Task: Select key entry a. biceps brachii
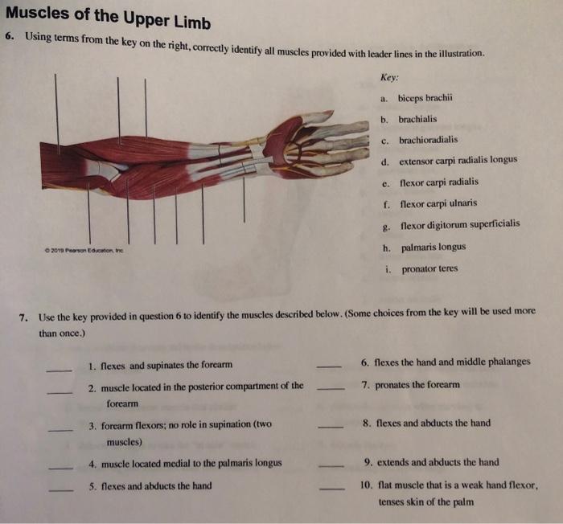pyautogui.click(x=425, y=98)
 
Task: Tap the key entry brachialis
pyautogui.click(x=417, y=119)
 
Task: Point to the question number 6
pyautogui.click(x=9, y=37)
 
